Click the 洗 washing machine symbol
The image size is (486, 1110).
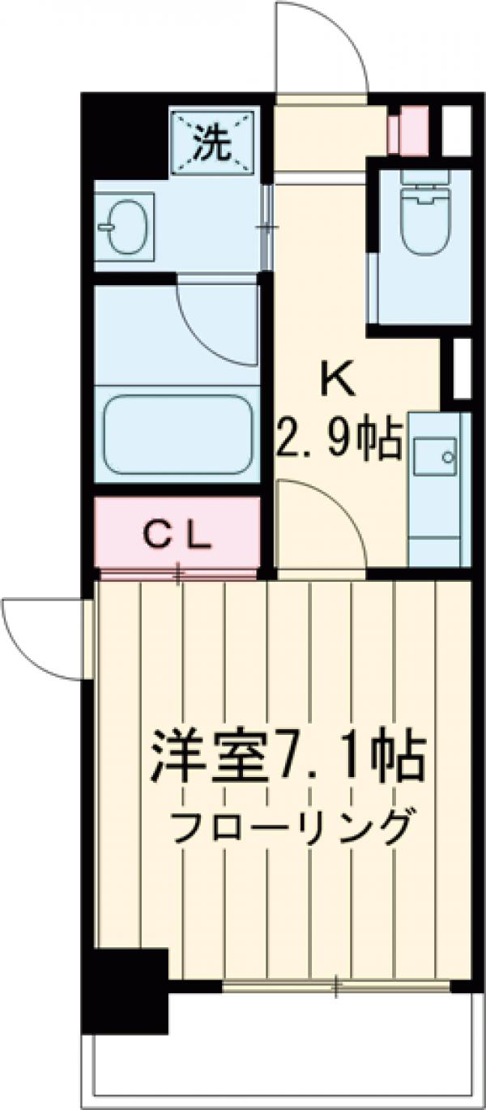coord(213,143)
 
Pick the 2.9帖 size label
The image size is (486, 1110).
coord(340,442)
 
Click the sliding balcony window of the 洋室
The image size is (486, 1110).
coord(336,986)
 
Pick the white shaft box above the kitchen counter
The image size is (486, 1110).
coord(460,369)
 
